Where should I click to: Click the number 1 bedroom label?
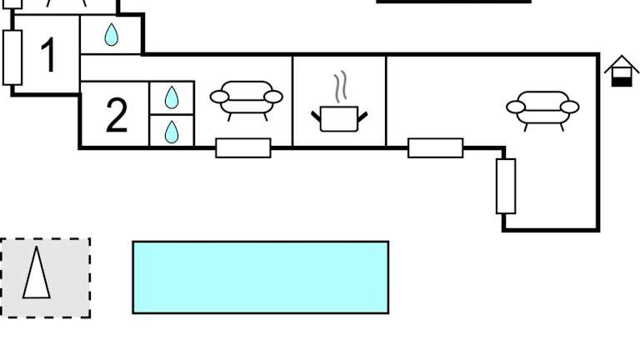pyautogui.click(x=47, y=56)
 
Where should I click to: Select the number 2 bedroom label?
pyautogui.click(x=117, y=116)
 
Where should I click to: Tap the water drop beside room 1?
pyautogui.click(x=111, y=35)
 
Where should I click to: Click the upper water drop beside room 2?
pyautogui.click(x=172, y=97)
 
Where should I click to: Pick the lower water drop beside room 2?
pyautogui.click(x=172, y=131)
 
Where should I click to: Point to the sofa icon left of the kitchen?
pyautogui.click(x=246, y=99)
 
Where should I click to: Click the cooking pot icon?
pyautogui.click(x=339, y=117)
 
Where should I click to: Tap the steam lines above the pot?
pyautogui.click(x=339, y=87)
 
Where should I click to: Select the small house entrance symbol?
pyautogui.click(x=621, y=71)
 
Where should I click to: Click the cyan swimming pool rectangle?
pyautogui.click(x=260, y=277)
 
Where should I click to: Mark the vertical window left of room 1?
pyautogui.click(x=12, y=57)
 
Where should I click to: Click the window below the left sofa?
pyautogui.click(x=243, y=147)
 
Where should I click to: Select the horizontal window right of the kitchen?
pyautogui.click(x=435, y=147)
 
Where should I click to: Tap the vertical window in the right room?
pyautogui.click(x=506, y=186)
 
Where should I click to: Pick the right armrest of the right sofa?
pyautogui.click(x=569, y=107)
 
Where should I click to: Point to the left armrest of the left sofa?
pyautogui.click(x=219, y=97)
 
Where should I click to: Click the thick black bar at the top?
pyautogui.click(x=453, y=2)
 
